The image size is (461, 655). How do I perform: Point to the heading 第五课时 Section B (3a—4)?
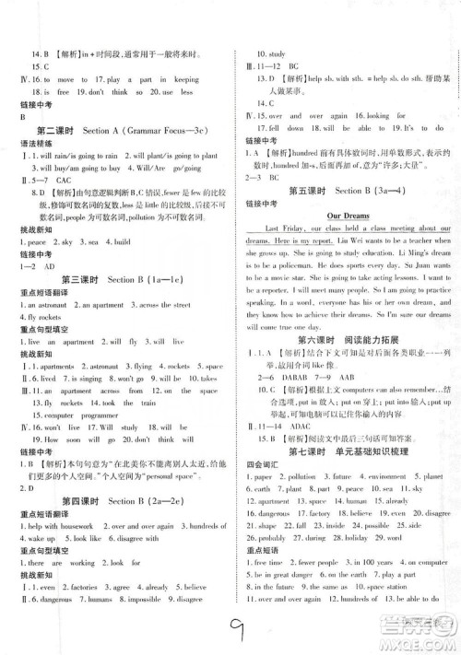point(349,216)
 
